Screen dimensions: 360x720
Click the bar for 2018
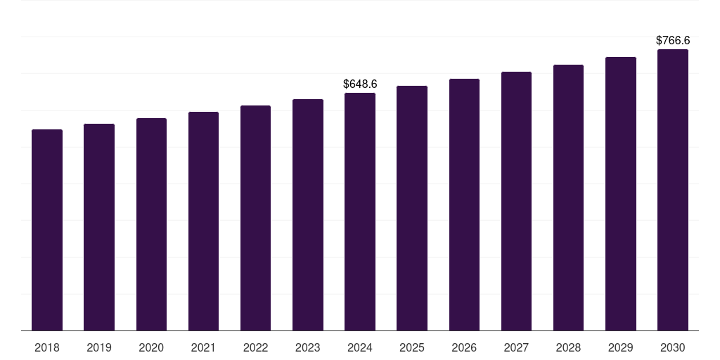point(47,230)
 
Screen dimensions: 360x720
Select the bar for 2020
point(151,224)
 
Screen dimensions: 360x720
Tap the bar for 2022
point(255,218)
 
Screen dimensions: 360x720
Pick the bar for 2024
point(360,212)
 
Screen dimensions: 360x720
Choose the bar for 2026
point(464,205)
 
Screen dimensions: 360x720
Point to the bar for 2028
point(568,198)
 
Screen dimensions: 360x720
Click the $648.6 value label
point(360,84)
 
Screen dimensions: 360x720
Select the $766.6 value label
point(673,41)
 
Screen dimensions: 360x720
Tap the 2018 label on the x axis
point(47,347)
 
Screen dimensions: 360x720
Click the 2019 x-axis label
point(99,347)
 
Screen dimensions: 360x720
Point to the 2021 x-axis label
point(203,347)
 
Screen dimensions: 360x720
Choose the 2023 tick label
point(308,347)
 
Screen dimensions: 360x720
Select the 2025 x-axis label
point(412,347)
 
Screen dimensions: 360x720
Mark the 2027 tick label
point(516,347)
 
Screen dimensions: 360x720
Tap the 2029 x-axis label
point(621,347)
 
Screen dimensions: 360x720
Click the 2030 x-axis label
point(673,347)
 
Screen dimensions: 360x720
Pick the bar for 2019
point(99,227)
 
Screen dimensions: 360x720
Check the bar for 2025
point(412,208)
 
